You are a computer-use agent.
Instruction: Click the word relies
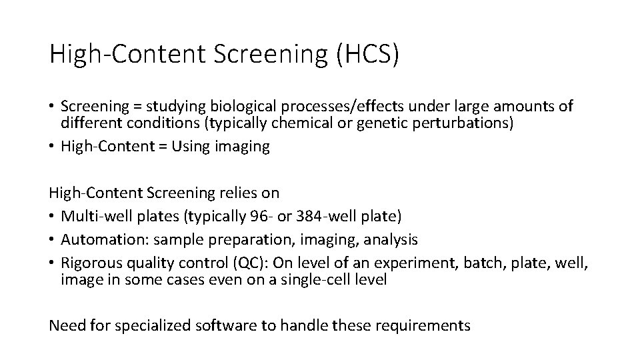pyautogui.click(x=235, y=193)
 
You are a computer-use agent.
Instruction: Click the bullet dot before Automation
pyautogui.click(x=53, y=239)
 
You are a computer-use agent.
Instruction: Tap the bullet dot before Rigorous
pyautogui.click(x=53, y=262)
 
